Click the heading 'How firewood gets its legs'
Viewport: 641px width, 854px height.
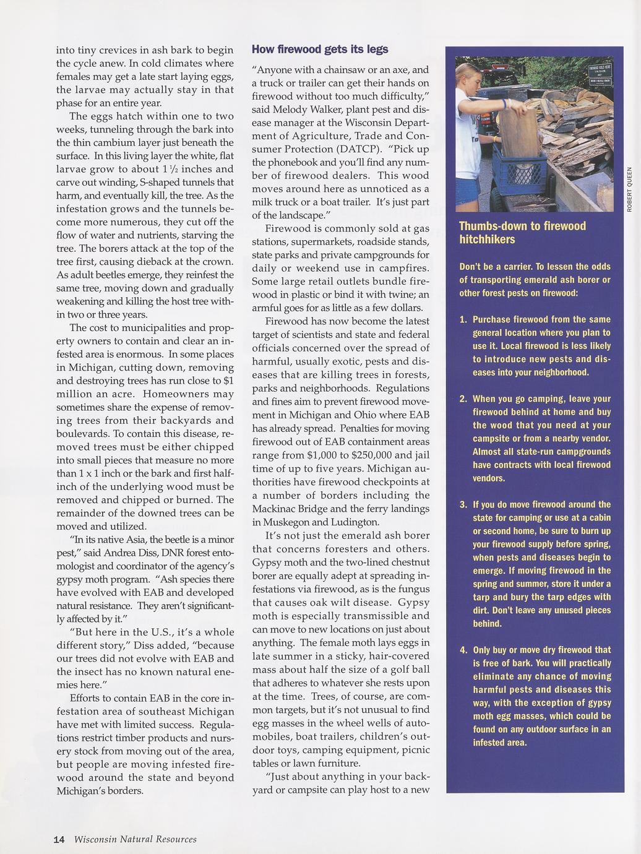[320, 50]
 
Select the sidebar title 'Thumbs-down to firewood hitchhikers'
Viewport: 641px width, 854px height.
[522, 233]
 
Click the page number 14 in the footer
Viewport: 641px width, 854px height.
[59, 839]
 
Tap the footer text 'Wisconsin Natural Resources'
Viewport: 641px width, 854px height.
[135, 839]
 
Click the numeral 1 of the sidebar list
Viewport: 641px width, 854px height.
[462, 320]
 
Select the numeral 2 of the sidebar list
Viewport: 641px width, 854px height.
[462, 399]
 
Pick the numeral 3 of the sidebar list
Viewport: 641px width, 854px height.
[462, 505]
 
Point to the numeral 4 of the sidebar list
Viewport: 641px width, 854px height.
[462, 650]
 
